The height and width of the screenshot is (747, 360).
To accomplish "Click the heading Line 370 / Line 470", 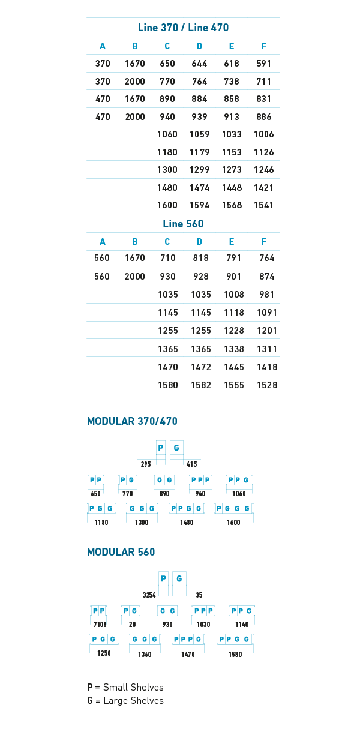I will [183, 28].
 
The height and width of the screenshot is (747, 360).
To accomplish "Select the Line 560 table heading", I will [183, 224].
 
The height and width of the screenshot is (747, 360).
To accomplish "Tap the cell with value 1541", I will [263, 205].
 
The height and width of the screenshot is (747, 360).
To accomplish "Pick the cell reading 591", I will [263, 64].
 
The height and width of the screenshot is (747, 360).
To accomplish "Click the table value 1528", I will [267, 385].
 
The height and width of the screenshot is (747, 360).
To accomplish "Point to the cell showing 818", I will [200, 258].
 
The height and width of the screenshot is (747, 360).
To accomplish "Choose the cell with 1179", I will [200, 152].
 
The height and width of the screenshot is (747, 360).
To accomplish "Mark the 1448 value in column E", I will [232, 188].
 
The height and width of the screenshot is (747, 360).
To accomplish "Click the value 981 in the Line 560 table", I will [267, 295].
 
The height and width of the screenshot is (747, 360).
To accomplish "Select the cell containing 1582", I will [200, 385].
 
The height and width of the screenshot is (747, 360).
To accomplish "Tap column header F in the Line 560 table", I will [263, 242].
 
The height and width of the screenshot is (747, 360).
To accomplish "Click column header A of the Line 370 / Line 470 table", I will [103, 47].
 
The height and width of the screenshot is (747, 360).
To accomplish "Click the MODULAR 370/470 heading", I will [132, 421].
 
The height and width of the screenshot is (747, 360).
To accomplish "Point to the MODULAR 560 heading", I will [121, 552].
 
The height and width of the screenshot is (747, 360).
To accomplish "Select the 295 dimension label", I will [146, 464].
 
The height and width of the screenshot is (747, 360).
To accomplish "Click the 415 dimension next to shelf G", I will [191, 464].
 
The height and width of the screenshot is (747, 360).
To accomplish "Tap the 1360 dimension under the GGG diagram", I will [144, 655].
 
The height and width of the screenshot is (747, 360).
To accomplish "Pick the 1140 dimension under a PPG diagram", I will [242, 625].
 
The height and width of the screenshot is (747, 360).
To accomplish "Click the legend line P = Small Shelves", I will [125, 688].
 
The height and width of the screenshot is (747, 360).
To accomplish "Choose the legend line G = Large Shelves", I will [125, 701].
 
